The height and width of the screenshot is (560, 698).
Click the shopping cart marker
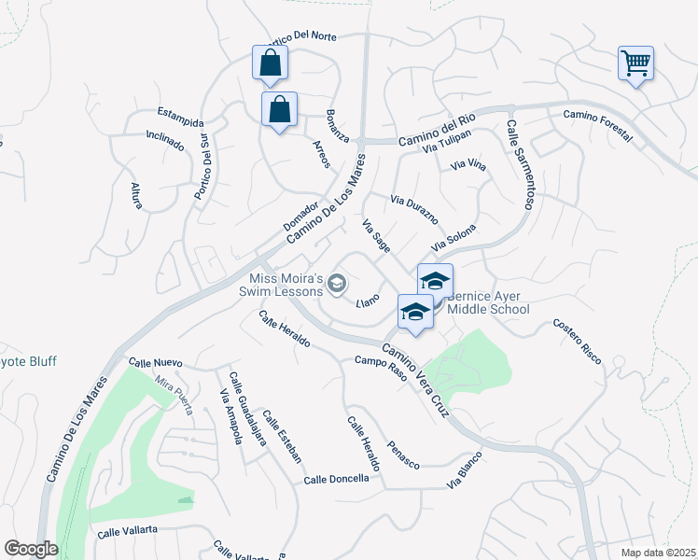point(635,63)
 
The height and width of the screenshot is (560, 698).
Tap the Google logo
point(31,549)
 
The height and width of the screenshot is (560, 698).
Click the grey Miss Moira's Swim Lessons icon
point(338,283)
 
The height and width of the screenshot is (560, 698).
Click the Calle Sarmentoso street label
point(520,164)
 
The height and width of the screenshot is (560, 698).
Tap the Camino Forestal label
point(597,126)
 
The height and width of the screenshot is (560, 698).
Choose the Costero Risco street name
point(577,342)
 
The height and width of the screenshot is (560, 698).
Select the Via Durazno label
point(414,210)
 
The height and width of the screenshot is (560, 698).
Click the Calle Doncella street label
point(336,480)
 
